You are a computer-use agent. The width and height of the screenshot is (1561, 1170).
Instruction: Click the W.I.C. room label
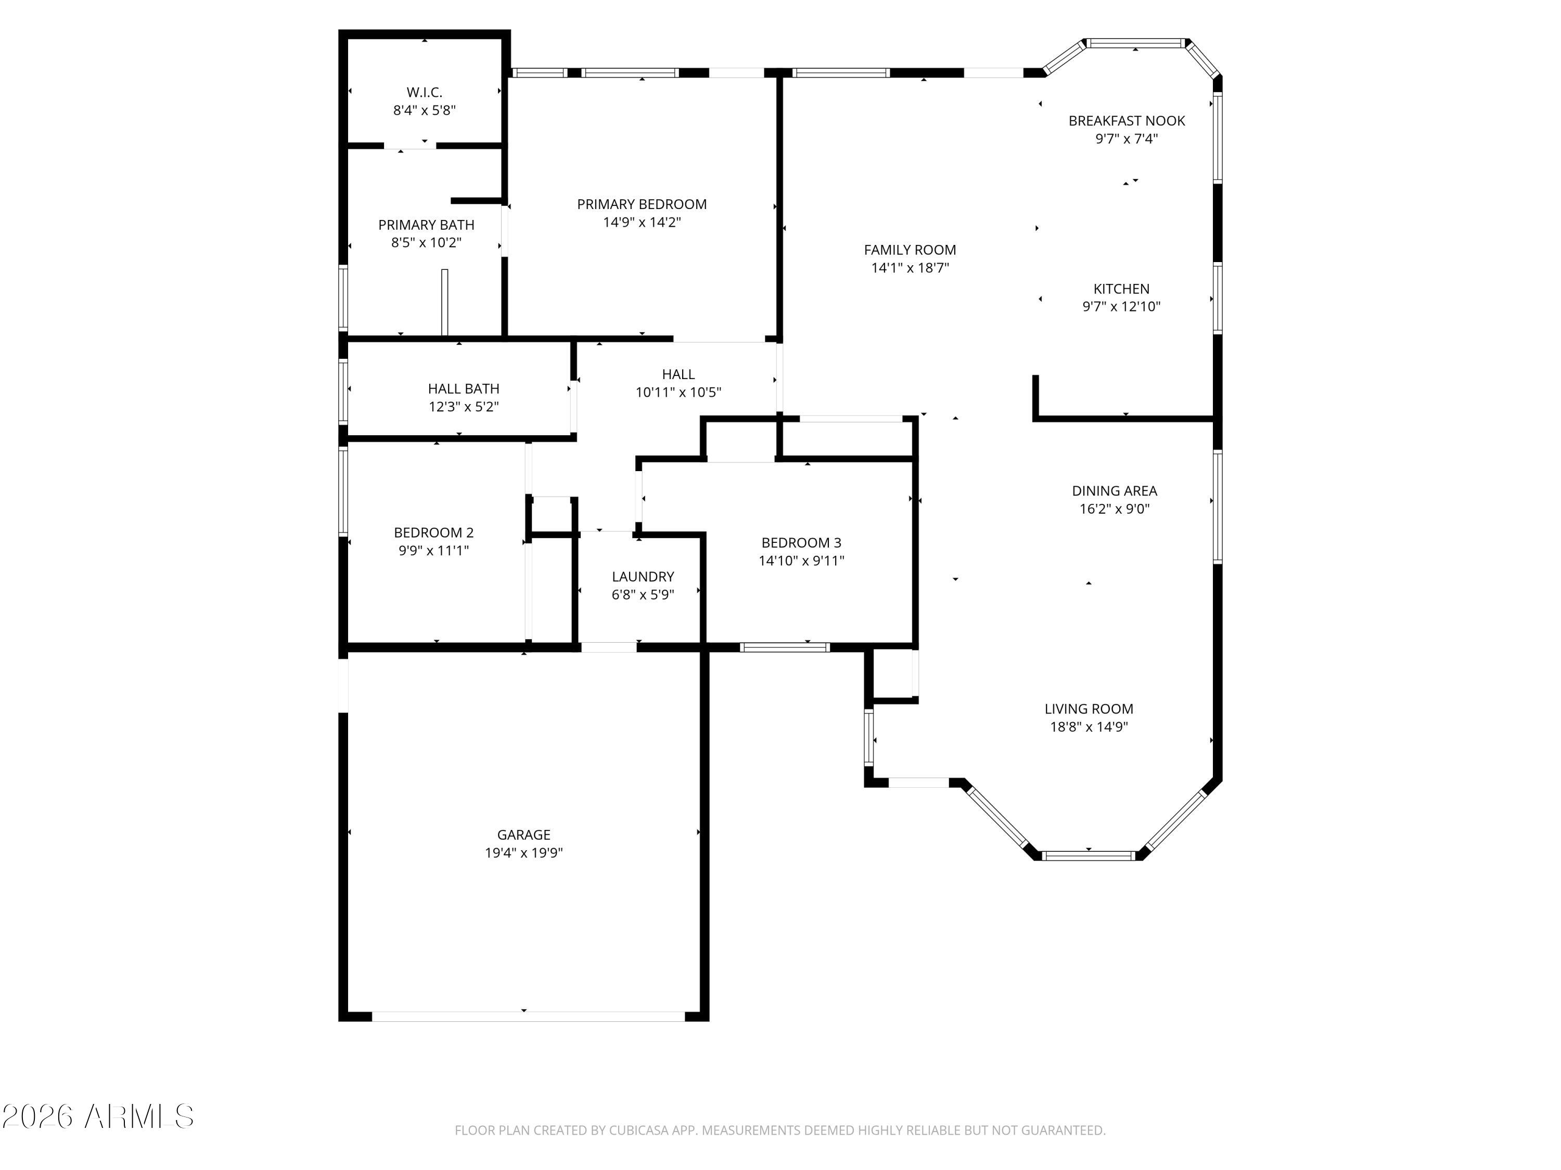(x=424, y=93)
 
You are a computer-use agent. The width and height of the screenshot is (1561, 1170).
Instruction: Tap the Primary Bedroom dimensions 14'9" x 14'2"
(x=642, y=222)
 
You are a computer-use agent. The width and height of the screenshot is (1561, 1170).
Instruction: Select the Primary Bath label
(x=426, y=225)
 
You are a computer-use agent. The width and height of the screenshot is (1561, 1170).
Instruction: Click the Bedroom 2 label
(x=433, y=532)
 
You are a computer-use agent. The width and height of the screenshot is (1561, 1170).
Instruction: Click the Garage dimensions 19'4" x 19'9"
(x=523, y=853)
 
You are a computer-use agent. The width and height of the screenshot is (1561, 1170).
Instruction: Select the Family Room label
(x=910, y=250)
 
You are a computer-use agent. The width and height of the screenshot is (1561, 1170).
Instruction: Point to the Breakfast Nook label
(x=1127, y=121)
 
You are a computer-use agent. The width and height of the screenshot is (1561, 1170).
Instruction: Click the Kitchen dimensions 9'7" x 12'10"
(x=1121, y=307)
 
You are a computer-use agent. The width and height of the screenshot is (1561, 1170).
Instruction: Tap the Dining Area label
(x=1115, y=491)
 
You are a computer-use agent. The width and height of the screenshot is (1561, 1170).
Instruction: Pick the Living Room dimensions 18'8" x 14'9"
(x=1089, y=727)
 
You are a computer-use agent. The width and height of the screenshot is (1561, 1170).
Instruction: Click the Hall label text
(x=678, y=374)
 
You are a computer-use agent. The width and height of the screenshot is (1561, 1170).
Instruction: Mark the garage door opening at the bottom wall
(x=528, y=1016)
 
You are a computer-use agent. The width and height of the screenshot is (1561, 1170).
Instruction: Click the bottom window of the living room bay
(x=1088, y=856)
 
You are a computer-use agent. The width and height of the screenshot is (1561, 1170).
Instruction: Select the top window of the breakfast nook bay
(x=1135, y=44)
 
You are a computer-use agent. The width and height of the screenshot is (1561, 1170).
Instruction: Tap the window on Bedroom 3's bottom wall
(x=785, y=647)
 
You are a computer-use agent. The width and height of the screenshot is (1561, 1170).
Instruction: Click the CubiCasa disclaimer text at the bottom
(x=780, y=1130)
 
